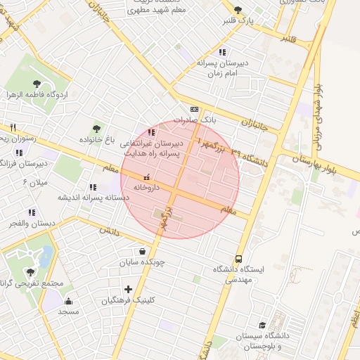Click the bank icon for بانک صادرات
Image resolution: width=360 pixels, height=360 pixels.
pyautogui.click(x=194, y=109)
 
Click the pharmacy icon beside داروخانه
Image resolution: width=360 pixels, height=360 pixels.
pyautogui.click(x=146, y=177)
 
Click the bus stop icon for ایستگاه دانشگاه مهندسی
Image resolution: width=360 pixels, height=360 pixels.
pyautogui.click(x=239, y=259)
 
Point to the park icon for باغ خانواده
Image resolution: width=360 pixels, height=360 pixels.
pyautogui.click(x=96, y=128)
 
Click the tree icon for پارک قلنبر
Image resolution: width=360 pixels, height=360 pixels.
pyautogui.click(x=238, y=10)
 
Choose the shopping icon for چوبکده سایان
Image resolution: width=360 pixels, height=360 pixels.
pyautogui.click(x=143, y=251)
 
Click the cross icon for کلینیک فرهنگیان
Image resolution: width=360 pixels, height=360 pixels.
pyautogui.click(x=128, y=289)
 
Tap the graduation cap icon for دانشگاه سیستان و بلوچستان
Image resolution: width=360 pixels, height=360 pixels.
pyautogui.click(x=262, y=325)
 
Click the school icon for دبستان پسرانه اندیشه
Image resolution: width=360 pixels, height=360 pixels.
pyautogui.click(x=93, y=187)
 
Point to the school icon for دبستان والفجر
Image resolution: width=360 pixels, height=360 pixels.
pyautogui.click(x=31, y=212)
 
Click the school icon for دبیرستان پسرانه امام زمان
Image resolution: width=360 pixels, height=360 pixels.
pyautogui.click(x=222, y=52)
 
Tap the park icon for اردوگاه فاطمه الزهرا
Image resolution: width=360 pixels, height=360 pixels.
pyautogui.click(x=37, y=83)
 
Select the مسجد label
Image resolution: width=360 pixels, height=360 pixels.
pyautogui.click(x=69, y=310)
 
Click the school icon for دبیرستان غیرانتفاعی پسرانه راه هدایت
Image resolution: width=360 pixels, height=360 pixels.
pyautogui.click(x=151, y=131)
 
